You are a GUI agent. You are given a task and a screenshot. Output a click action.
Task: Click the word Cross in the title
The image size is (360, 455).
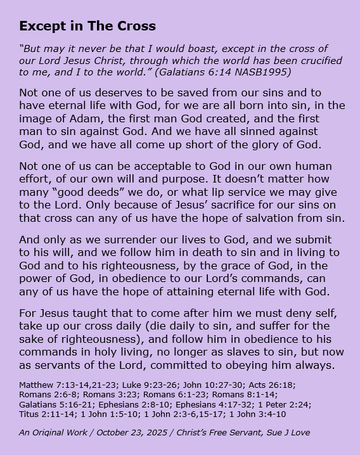136,26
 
